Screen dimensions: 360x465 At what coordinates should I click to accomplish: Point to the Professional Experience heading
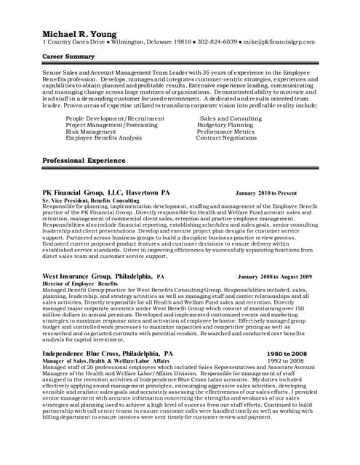click(x=84, y=161)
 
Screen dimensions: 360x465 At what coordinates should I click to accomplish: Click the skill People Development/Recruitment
click(x=120, y=118)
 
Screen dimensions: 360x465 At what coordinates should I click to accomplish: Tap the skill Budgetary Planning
click(x=225, y=125)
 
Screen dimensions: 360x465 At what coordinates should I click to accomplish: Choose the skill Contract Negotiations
click(x=226, y=138)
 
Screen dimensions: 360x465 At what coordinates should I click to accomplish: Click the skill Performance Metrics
click(x=226, y=132)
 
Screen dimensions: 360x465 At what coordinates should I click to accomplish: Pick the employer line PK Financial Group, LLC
click(x=105, y=193)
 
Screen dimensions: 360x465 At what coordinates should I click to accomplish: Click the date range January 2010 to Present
click(x=266, y=193)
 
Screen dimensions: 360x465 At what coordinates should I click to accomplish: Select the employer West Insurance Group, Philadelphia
click(x=103, y=277)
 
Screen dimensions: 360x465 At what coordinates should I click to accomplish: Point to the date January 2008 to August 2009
click(x=274, y=277)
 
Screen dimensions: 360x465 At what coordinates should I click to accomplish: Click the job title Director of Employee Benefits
click(x=80, y=283)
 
